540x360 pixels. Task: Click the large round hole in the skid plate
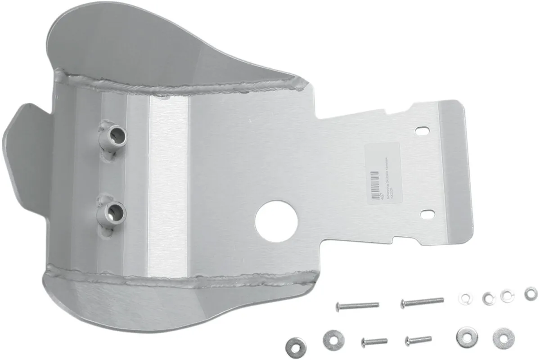point(277,217)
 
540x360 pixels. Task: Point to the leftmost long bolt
point(357,306)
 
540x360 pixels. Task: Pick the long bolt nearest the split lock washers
point(422,301)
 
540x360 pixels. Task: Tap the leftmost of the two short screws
point(374,341)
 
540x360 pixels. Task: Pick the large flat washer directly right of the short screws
point(464,336)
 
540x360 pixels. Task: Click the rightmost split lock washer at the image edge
point(531,293)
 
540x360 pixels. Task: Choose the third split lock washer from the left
point(507,295)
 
